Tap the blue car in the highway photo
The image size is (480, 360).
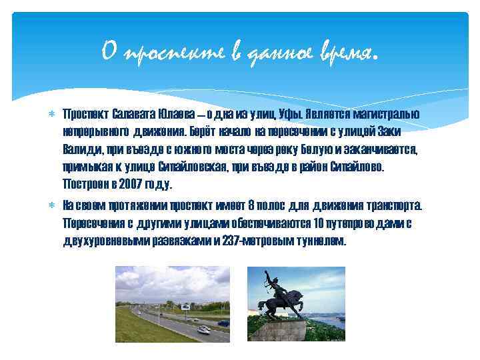click(x=223, y=323)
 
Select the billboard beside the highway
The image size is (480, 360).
click(x=169, y=305)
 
